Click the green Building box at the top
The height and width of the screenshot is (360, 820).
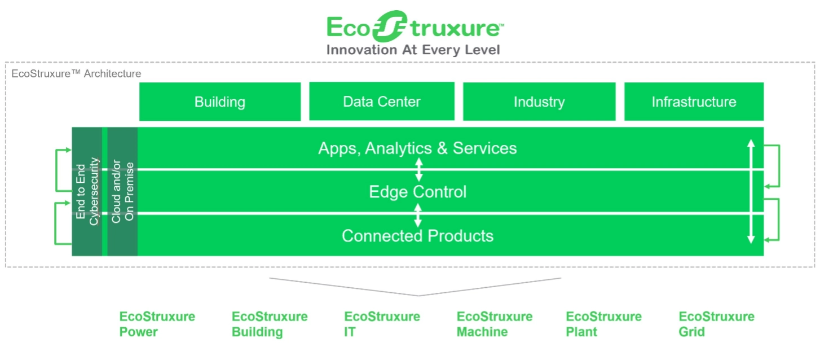coord(220,102)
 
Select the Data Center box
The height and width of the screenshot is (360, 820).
coord(382,101)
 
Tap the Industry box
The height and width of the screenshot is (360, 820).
coord(539,102)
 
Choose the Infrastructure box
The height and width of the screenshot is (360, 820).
coord(694,102)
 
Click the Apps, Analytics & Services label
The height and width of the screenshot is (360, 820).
coord(417,148)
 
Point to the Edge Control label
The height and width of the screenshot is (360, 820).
coord(418,191)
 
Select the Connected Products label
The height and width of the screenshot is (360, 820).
coord(418,236)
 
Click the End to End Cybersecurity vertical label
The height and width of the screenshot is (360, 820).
coord(87,191)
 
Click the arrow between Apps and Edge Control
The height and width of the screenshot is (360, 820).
coord(419,170)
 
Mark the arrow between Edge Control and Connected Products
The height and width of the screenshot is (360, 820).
coord(418,215)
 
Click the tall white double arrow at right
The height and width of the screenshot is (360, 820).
coord(751,191)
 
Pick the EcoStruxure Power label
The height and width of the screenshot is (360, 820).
coord(157,324)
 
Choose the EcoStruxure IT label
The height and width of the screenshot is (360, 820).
coord(382,324)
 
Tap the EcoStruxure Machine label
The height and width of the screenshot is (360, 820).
coord(494,324)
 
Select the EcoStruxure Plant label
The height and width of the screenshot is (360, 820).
coord(603,324)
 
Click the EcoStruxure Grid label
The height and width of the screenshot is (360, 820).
coord(716,324)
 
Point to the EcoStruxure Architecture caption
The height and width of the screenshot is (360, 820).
coord(76,73)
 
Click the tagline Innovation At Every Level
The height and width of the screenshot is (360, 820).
coord(413,50)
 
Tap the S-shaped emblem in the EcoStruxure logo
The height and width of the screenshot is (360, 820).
coord(390,26)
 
